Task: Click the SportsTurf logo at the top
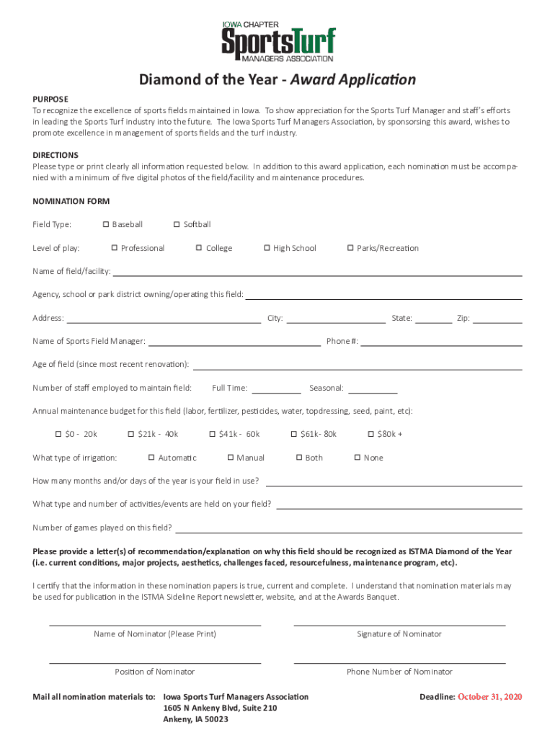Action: click(277, 41)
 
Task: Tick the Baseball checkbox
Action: click(106, 225)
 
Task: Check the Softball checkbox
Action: click(177, 225)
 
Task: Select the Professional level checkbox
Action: click(115, 249)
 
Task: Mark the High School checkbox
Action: click(267, 249)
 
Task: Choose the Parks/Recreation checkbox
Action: click(350, 249)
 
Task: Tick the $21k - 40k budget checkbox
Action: click(131, 435)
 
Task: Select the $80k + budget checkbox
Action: click(370, 435)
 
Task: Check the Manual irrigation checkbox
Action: click(230, 458)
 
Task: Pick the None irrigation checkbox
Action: click(357, 458)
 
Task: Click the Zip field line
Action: click(497, 321)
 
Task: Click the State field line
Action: click(434, 321)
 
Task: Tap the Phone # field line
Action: click(441, 344)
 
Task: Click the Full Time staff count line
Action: click(276, 391)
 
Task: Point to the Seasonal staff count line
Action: click(373, 391)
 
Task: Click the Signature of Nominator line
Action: click(399, 623)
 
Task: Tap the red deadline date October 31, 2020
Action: click(489, 698)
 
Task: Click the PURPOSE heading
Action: click(50, 99)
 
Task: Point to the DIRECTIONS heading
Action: click(55, 155)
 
